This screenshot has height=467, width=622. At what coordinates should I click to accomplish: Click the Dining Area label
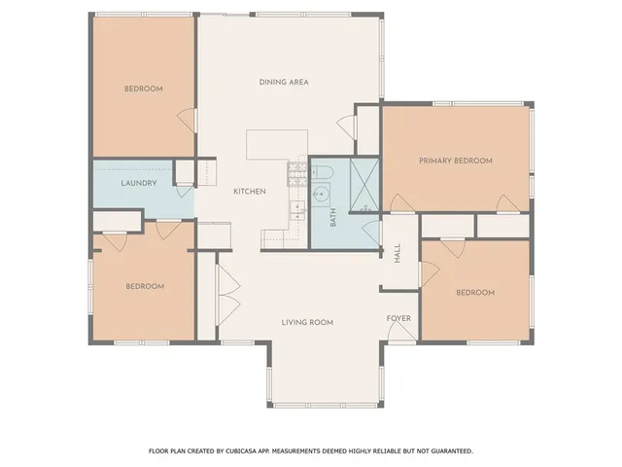click(x=284, y=82)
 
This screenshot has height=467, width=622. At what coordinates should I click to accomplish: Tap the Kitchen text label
click(x=250, y=192)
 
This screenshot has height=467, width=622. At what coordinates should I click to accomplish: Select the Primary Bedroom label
click(x=456, y=161)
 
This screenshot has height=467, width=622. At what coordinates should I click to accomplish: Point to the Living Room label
click(x=307, y=322)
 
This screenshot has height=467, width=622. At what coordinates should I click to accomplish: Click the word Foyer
click(x=399, y=318)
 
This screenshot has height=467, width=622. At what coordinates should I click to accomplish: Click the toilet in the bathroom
click(x=325, y=172)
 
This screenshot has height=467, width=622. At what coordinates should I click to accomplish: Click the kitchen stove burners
click(x=294, y=175)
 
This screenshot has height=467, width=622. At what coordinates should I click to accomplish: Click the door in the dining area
click(x=344, y=125)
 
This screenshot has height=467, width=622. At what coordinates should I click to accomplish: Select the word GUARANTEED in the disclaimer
click(x=446, y=451)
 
